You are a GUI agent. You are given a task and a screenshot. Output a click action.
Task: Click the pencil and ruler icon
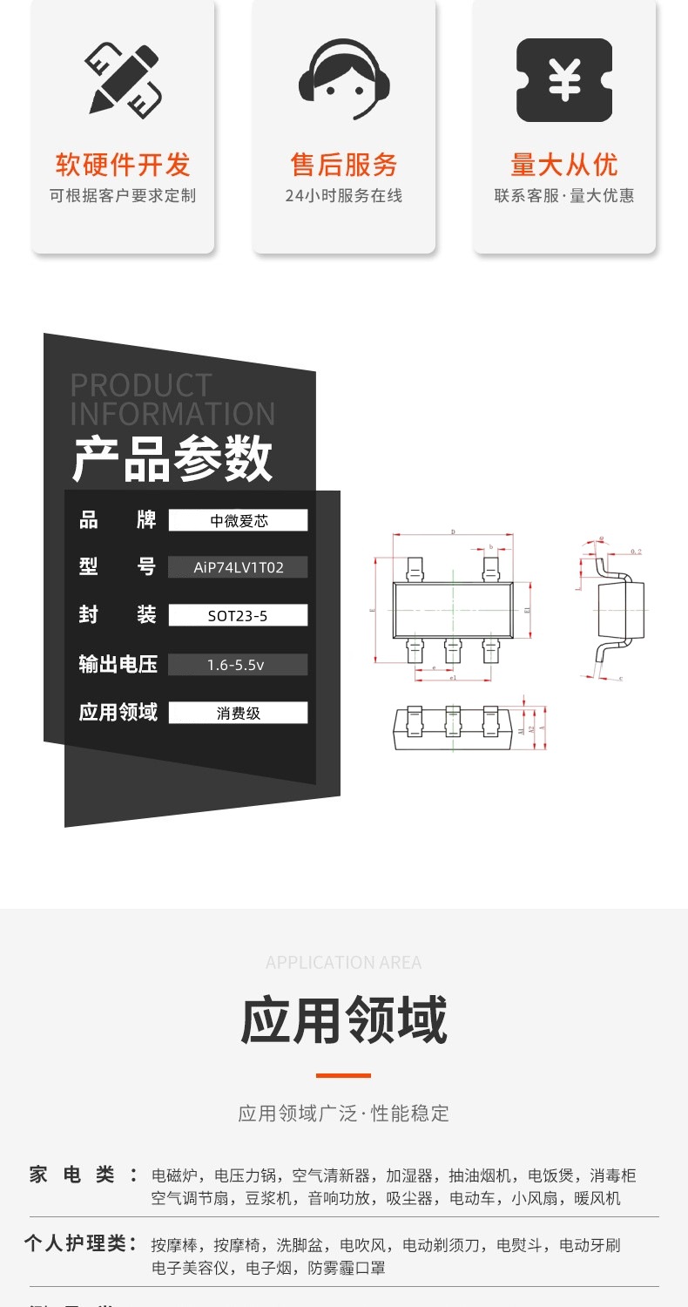pos(123,80)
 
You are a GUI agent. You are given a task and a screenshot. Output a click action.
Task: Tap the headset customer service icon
pos(344,80)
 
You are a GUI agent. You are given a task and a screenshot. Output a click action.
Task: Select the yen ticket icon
pos(564,80)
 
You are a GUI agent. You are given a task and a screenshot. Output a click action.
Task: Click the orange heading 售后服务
pos(344,165)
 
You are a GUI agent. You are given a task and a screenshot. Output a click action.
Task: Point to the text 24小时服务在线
pos(344,196)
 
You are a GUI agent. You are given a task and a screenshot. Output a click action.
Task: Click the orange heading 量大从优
pos(564,165)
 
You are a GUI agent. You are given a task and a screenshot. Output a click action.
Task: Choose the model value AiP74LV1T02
pos(238,568)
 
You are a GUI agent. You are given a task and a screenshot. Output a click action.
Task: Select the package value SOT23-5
pos(238,616)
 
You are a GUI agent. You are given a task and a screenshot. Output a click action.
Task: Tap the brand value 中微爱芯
pos(238,521)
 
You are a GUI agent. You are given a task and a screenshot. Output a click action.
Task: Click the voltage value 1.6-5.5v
pos(238,665)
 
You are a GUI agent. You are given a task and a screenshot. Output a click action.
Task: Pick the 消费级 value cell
pos(238,713)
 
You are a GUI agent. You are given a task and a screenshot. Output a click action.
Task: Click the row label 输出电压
pos(118,665)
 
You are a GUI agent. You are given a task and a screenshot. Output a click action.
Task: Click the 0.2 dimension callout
pos(636,552)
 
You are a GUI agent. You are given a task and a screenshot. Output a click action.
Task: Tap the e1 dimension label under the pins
pos(452,677)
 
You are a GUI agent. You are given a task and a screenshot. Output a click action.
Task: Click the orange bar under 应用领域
pos(343,1075)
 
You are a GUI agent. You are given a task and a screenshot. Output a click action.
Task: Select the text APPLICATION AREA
pos(343,963)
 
